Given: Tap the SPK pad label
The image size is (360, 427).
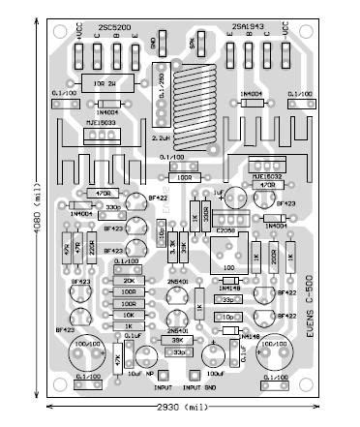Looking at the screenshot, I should coord(193,46).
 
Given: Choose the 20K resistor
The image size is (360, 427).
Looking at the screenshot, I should coord(130,280).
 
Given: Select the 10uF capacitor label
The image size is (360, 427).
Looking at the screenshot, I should coord(133,372).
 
